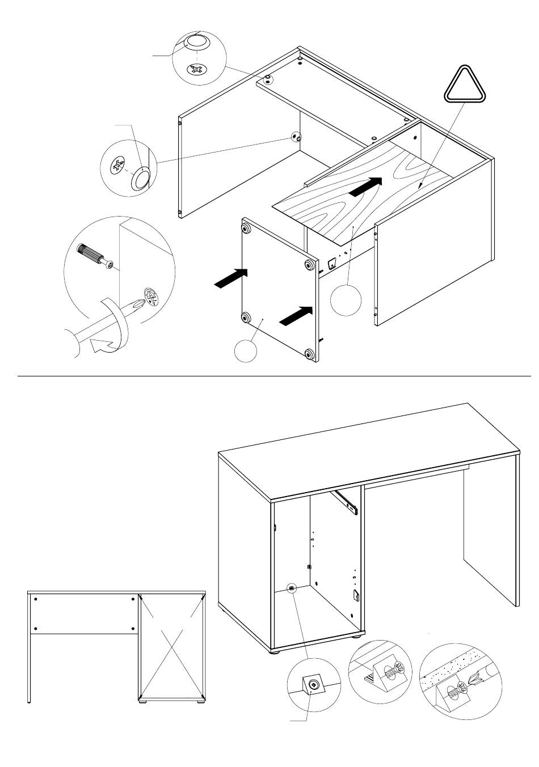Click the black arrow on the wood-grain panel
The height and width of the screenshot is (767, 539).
(364, 187)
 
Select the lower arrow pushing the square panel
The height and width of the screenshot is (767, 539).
(296, 315)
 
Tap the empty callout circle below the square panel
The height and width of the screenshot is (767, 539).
(246, 351)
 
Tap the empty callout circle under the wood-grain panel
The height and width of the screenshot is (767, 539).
(346, 299)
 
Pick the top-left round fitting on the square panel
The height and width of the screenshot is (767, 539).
(247, 228)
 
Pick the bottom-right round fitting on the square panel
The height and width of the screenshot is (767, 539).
(309, 355)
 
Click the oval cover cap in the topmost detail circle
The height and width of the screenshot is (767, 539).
(196, 43)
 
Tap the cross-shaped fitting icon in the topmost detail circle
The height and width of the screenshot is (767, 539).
(196, 69)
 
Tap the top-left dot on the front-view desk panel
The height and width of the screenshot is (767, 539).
(36, 599)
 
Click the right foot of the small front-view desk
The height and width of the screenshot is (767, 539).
(200, 702)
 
